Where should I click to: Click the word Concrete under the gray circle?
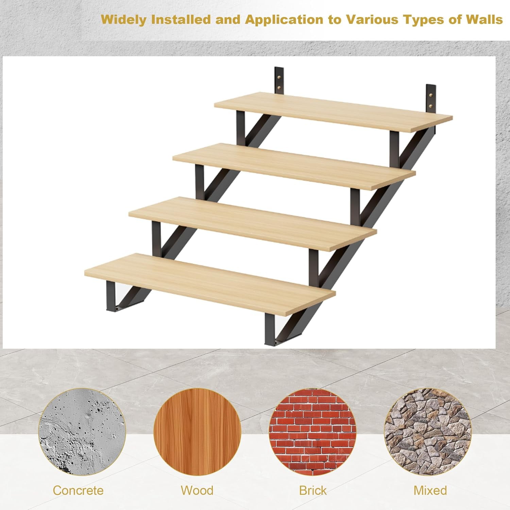point(78,490)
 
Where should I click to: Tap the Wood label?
point(197,490)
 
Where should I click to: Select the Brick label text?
point(312,490)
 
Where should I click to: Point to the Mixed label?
point(430,490)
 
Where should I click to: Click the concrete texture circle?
point(82,432)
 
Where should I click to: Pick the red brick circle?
point(312,432)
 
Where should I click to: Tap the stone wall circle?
point(428,432)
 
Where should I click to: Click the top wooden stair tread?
point(333,111)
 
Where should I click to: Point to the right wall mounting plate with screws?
point(431,99)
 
